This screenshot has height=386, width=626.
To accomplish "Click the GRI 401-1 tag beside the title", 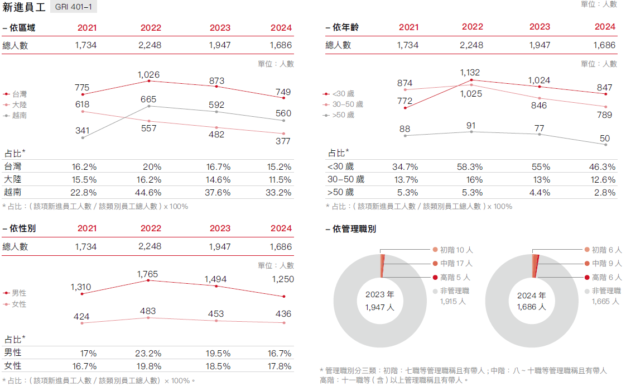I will (x=73, y=7).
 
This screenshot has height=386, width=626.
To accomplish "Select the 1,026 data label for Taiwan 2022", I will (x=149, y=75).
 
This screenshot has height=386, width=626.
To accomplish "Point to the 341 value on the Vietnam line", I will (x=82, y=131).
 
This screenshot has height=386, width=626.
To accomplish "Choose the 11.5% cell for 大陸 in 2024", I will (x=280, y=180).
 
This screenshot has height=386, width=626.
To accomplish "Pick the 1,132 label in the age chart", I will (x=470, y=73).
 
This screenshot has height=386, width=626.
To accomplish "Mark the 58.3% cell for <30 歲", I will (x=470, y=167).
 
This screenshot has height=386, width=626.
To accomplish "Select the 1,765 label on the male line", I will (x=147, y=274).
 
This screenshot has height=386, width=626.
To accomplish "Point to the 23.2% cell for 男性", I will (x=148, y=354).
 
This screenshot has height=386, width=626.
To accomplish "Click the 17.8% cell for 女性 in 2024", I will (x=280, y=366).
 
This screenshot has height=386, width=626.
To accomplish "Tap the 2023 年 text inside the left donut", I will (x=379, y=294).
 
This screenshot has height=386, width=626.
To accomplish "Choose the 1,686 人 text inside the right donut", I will (x=531, y=307).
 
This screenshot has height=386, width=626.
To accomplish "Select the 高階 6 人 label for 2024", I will (x=606, y=277).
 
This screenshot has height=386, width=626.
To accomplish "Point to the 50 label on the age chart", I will (x=604, y=139).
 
